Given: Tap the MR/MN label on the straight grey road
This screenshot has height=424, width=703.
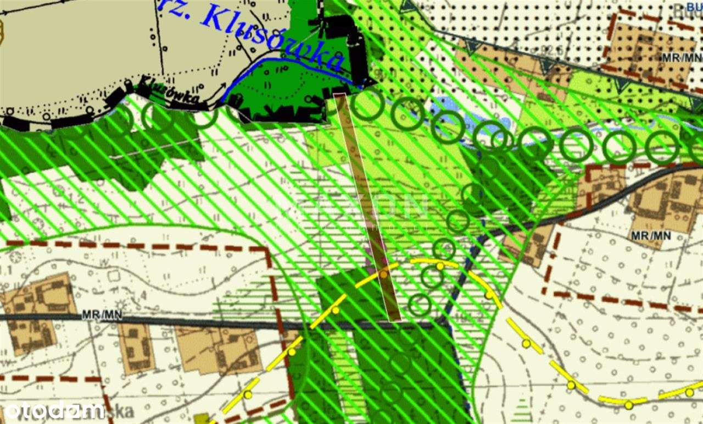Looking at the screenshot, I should point(102,315).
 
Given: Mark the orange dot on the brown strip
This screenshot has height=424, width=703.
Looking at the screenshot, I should point(383,273).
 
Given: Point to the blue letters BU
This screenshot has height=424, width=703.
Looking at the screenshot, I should point(694,7).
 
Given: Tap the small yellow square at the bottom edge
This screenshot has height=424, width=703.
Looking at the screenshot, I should point(202,420).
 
